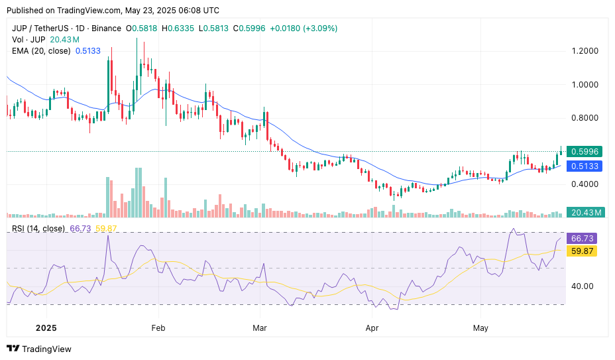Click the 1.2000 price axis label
click(585, 51)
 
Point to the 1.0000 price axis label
click(585, 84)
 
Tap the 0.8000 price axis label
click(585, 118)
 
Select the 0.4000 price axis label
click(585, 184)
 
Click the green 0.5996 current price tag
click(585, 152)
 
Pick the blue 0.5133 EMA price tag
click(585, 166)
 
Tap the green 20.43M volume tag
click(587, 212)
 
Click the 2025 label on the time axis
click(46, 328)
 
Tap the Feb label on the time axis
click(158, 328)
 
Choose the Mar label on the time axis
click(260, 328)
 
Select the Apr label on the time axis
click(372, 328)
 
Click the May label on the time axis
click(481, 328)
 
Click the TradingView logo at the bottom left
click(39, 349)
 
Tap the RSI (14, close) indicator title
click(38, 229)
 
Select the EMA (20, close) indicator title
click(41, 50)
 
